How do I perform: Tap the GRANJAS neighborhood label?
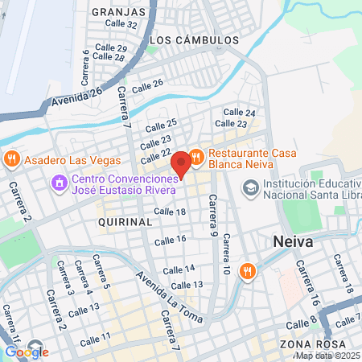[119, 12]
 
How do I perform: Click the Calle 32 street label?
[121, 24]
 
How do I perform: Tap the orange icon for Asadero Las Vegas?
[11, 158]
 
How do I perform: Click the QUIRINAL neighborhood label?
[124, 220]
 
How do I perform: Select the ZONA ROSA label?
[302, 344]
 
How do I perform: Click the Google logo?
[27, 351]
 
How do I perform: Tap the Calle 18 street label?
[170, 212]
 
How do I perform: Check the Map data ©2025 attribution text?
[327, 356]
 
